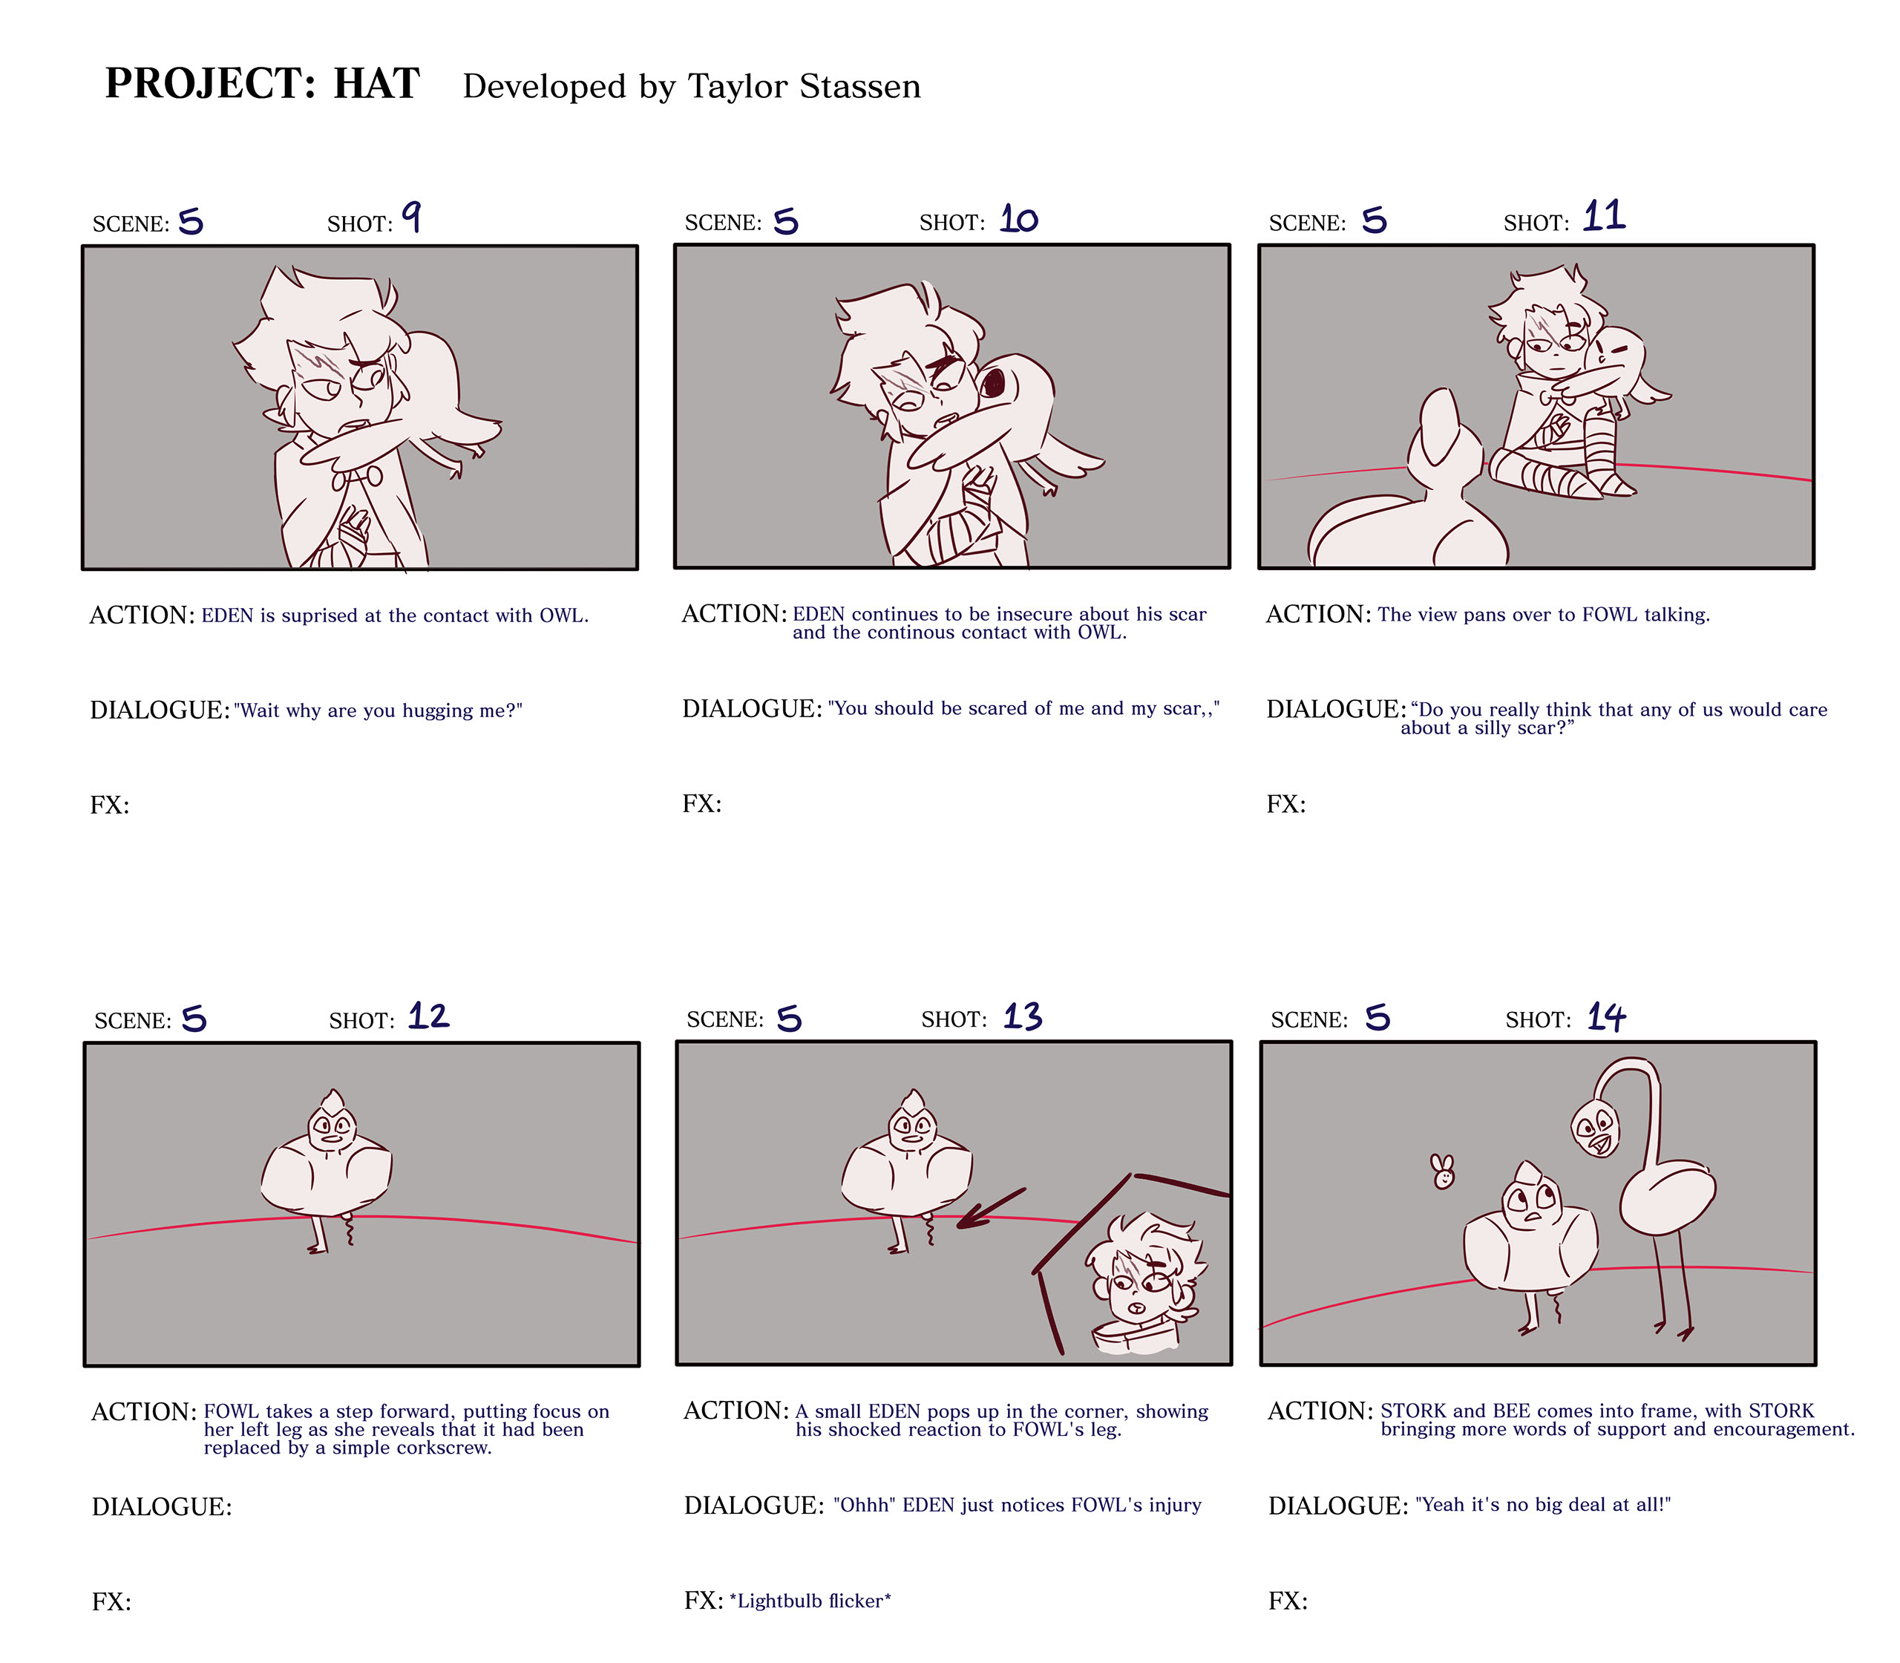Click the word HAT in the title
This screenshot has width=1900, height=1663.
click(x=377, y=83)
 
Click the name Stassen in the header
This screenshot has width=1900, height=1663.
click(x=860, y=86)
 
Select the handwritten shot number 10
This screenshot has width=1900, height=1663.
click(x=1018, y=219)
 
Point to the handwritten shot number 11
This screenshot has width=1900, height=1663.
click(x=1604, y=215)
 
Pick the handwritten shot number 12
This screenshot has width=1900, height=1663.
click(x=429, y=1016)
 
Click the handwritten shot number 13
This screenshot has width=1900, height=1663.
click(x=1023, y=1017)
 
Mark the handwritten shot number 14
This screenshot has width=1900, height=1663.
click(x=1607, y=1017)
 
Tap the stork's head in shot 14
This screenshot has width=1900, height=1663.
click(x=1596, y=1128)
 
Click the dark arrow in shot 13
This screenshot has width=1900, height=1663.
click(x=991, y=1209)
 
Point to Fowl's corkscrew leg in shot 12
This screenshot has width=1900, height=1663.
click(x=350, y=1229)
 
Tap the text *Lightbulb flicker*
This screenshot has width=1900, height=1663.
click(x=810, y=1601)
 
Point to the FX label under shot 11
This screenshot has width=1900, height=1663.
click(x=1285, y=805)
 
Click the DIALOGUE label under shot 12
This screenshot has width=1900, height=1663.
click(x=163, y=1507)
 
